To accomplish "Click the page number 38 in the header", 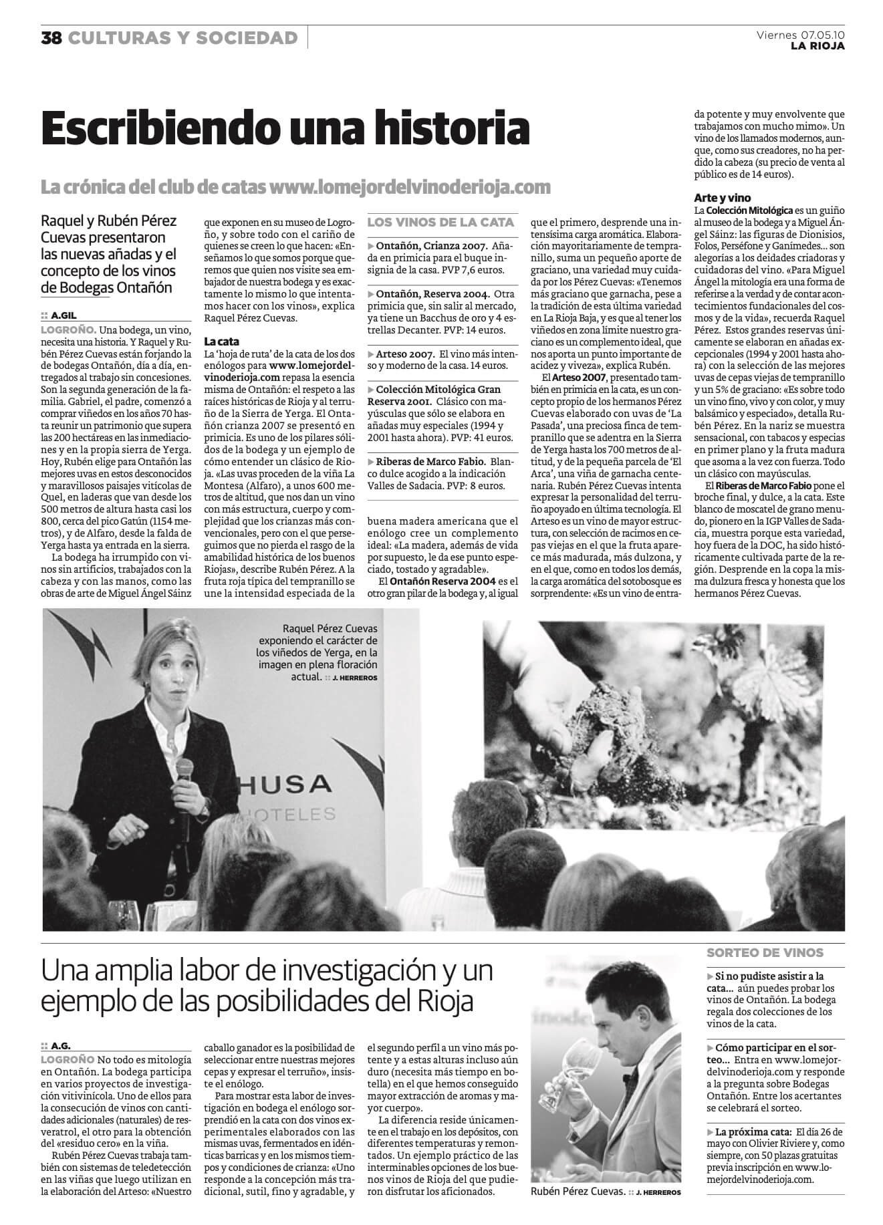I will coord(51,38).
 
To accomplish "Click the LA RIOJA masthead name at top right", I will coord(817,46).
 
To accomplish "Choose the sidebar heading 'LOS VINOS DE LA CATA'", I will coord(441,222).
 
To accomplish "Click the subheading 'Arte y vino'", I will coord(723,198).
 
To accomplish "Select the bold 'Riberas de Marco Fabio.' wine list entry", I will coord(432,461).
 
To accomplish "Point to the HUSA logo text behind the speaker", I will coord(294,784).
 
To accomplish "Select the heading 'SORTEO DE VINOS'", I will coord(765,952).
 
